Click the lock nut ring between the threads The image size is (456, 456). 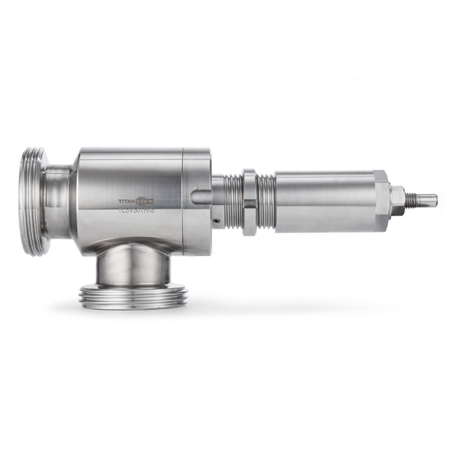[249, 202]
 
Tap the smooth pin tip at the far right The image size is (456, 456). [429, 199]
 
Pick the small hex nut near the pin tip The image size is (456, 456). [397, 199]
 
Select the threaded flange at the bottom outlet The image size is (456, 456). [134, 297]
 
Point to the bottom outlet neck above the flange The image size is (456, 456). [133, 267]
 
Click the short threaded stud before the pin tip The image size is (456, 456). [412, 199]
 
